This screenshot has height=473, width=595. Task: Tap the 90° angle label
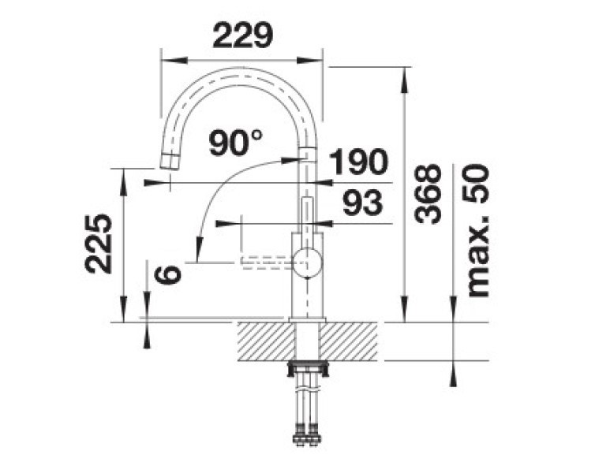click(236, 143)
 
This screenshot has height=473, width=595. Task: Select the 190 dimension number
click(358, 162)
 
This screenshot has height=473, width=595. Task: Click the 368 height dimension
click(428, 194)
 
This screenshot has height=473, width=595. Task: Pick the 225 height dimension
click(99, 244)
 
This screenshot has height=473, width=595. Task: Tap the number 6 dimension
click(167, 274)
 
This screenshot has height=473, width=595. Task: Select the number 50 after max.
click(477, 184)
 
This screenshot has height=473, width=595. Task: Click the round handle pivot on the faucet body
click(308, 263)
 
